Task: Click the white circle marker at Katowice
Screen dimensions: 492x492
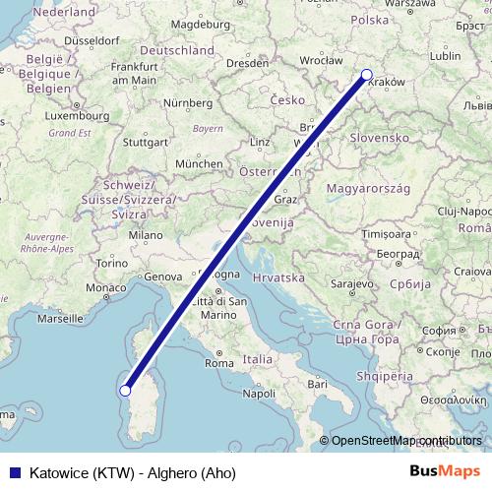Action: pos(367,74)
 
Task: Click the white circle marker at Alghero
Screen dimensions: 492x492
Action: pos(125,390)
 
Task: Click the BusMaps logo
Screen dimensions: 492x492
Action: pos(445,471)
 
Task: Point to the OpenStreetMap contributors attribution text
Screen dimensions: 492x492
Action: pos(406,441)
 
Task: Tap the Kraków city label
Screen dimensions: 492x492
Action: pos(386,84)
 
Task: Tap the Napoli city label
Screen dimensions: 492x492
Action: pos(259,393)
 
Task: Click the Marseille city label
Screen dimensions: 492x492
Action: pos(61,319)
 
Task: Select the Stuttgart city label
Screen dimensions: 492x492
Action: pos(146,141)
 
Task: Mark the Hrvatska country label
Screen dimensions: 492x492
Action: pos(278,278)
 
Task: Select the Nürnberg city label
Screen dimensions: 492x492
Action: pos(188,102)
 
